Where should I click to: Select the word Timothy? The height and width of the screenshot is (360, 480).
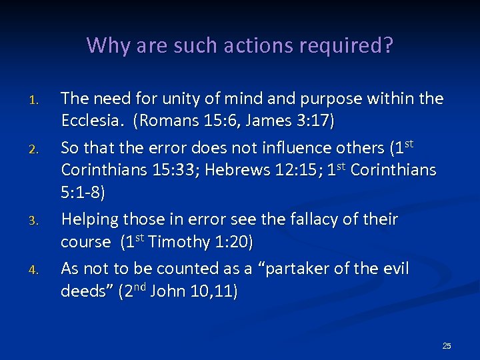coord(179,242)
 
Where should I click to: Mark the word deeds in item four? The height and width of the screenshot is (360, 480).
coord(84,291)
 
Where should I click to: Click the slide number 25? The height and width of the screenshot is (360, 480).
coord(447,346)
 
